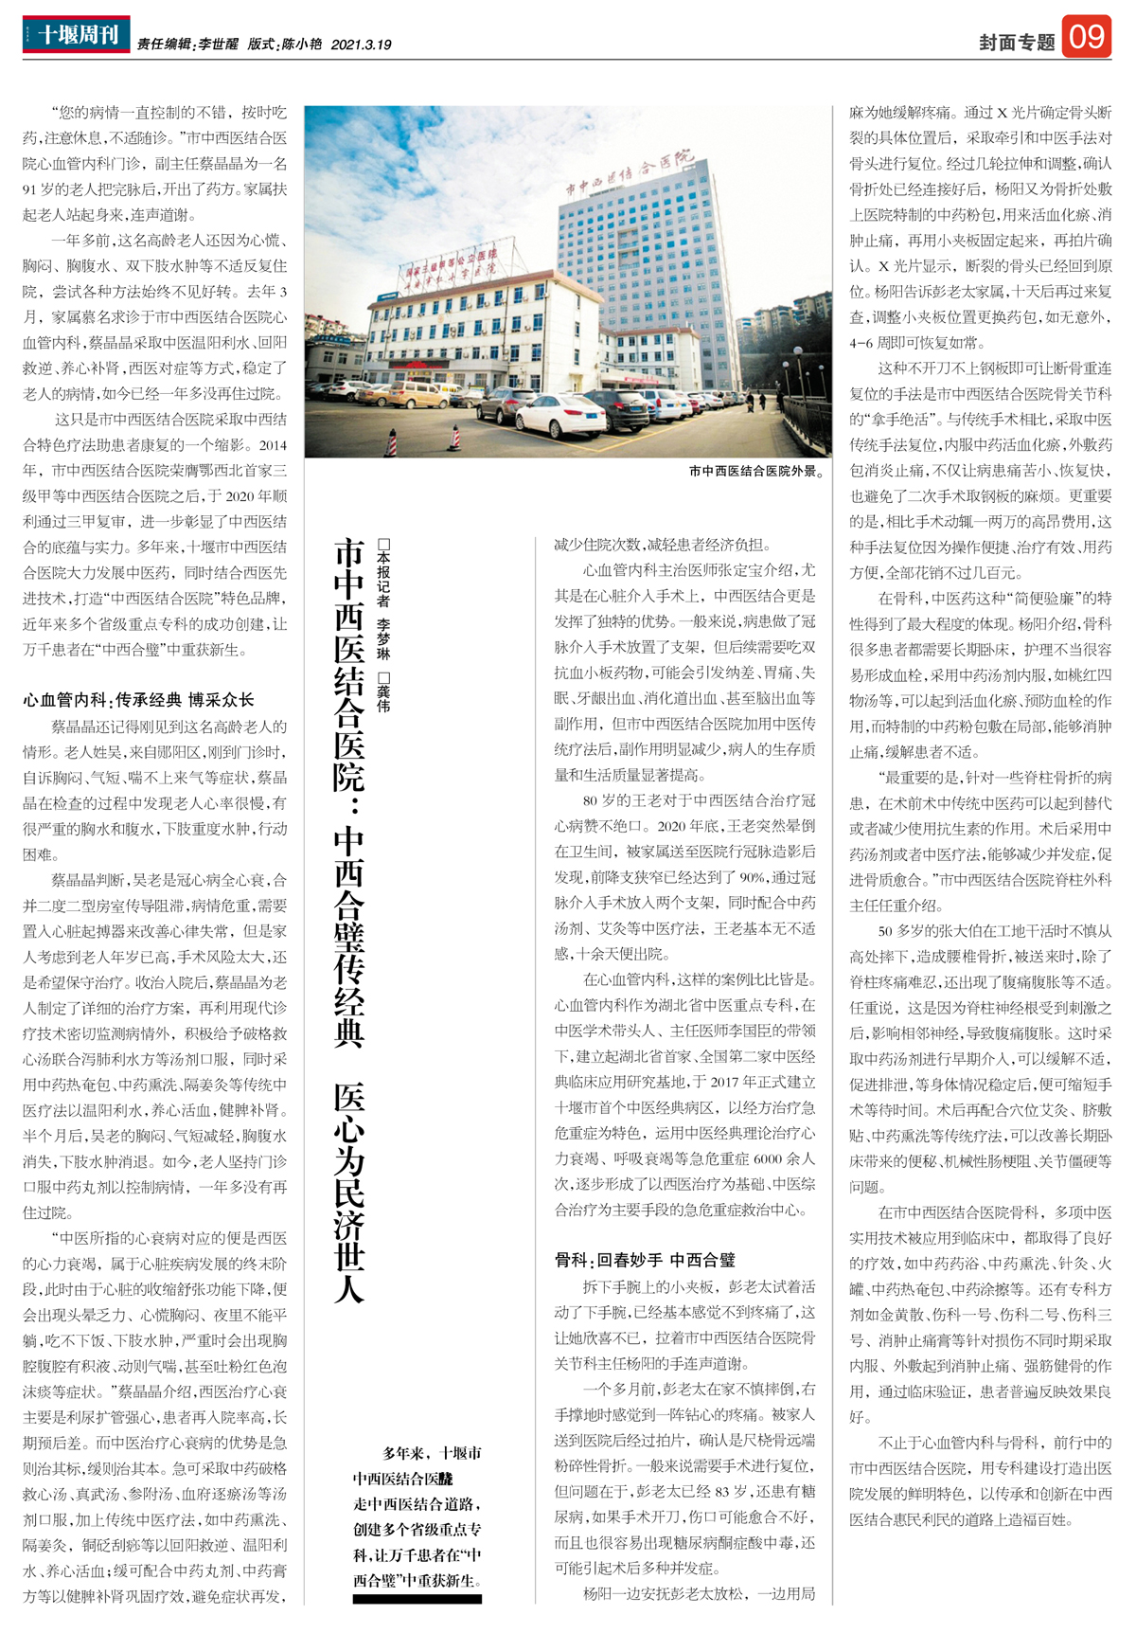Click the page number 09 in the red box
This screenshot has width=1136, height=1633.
pyautogui.click(x=1086, y=37)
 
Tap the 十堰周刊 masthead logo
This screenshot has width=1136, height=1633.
pyautogui.click(x=77, y=35)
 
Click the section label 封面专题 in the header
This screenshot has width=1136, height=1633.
pyautogui.click(x=1017, y=43)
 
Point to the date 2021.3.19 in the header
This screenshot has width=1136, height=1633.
pyautogui.click(x=361, y=45)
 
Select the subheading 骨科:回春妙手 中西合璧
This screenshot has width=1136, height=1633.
pyautogui.click(x=645, y=1260)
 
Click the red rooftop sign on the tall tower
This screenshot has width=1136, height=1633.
pyautogui.click(x=630, y=171)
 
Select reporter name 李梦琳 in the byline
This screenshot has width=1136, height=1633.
pyautogui.click(x=383, y=639)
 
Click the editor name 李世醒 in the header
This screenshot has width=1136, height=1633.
pyautogui.click(x=218, y=45)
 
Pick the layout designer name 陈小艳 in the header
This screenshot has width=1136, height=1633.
pyautogui.click(x=301, y=45)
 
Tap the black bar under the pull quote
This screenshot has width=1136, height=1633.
pyautogui.click(x=417, y=1599)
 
